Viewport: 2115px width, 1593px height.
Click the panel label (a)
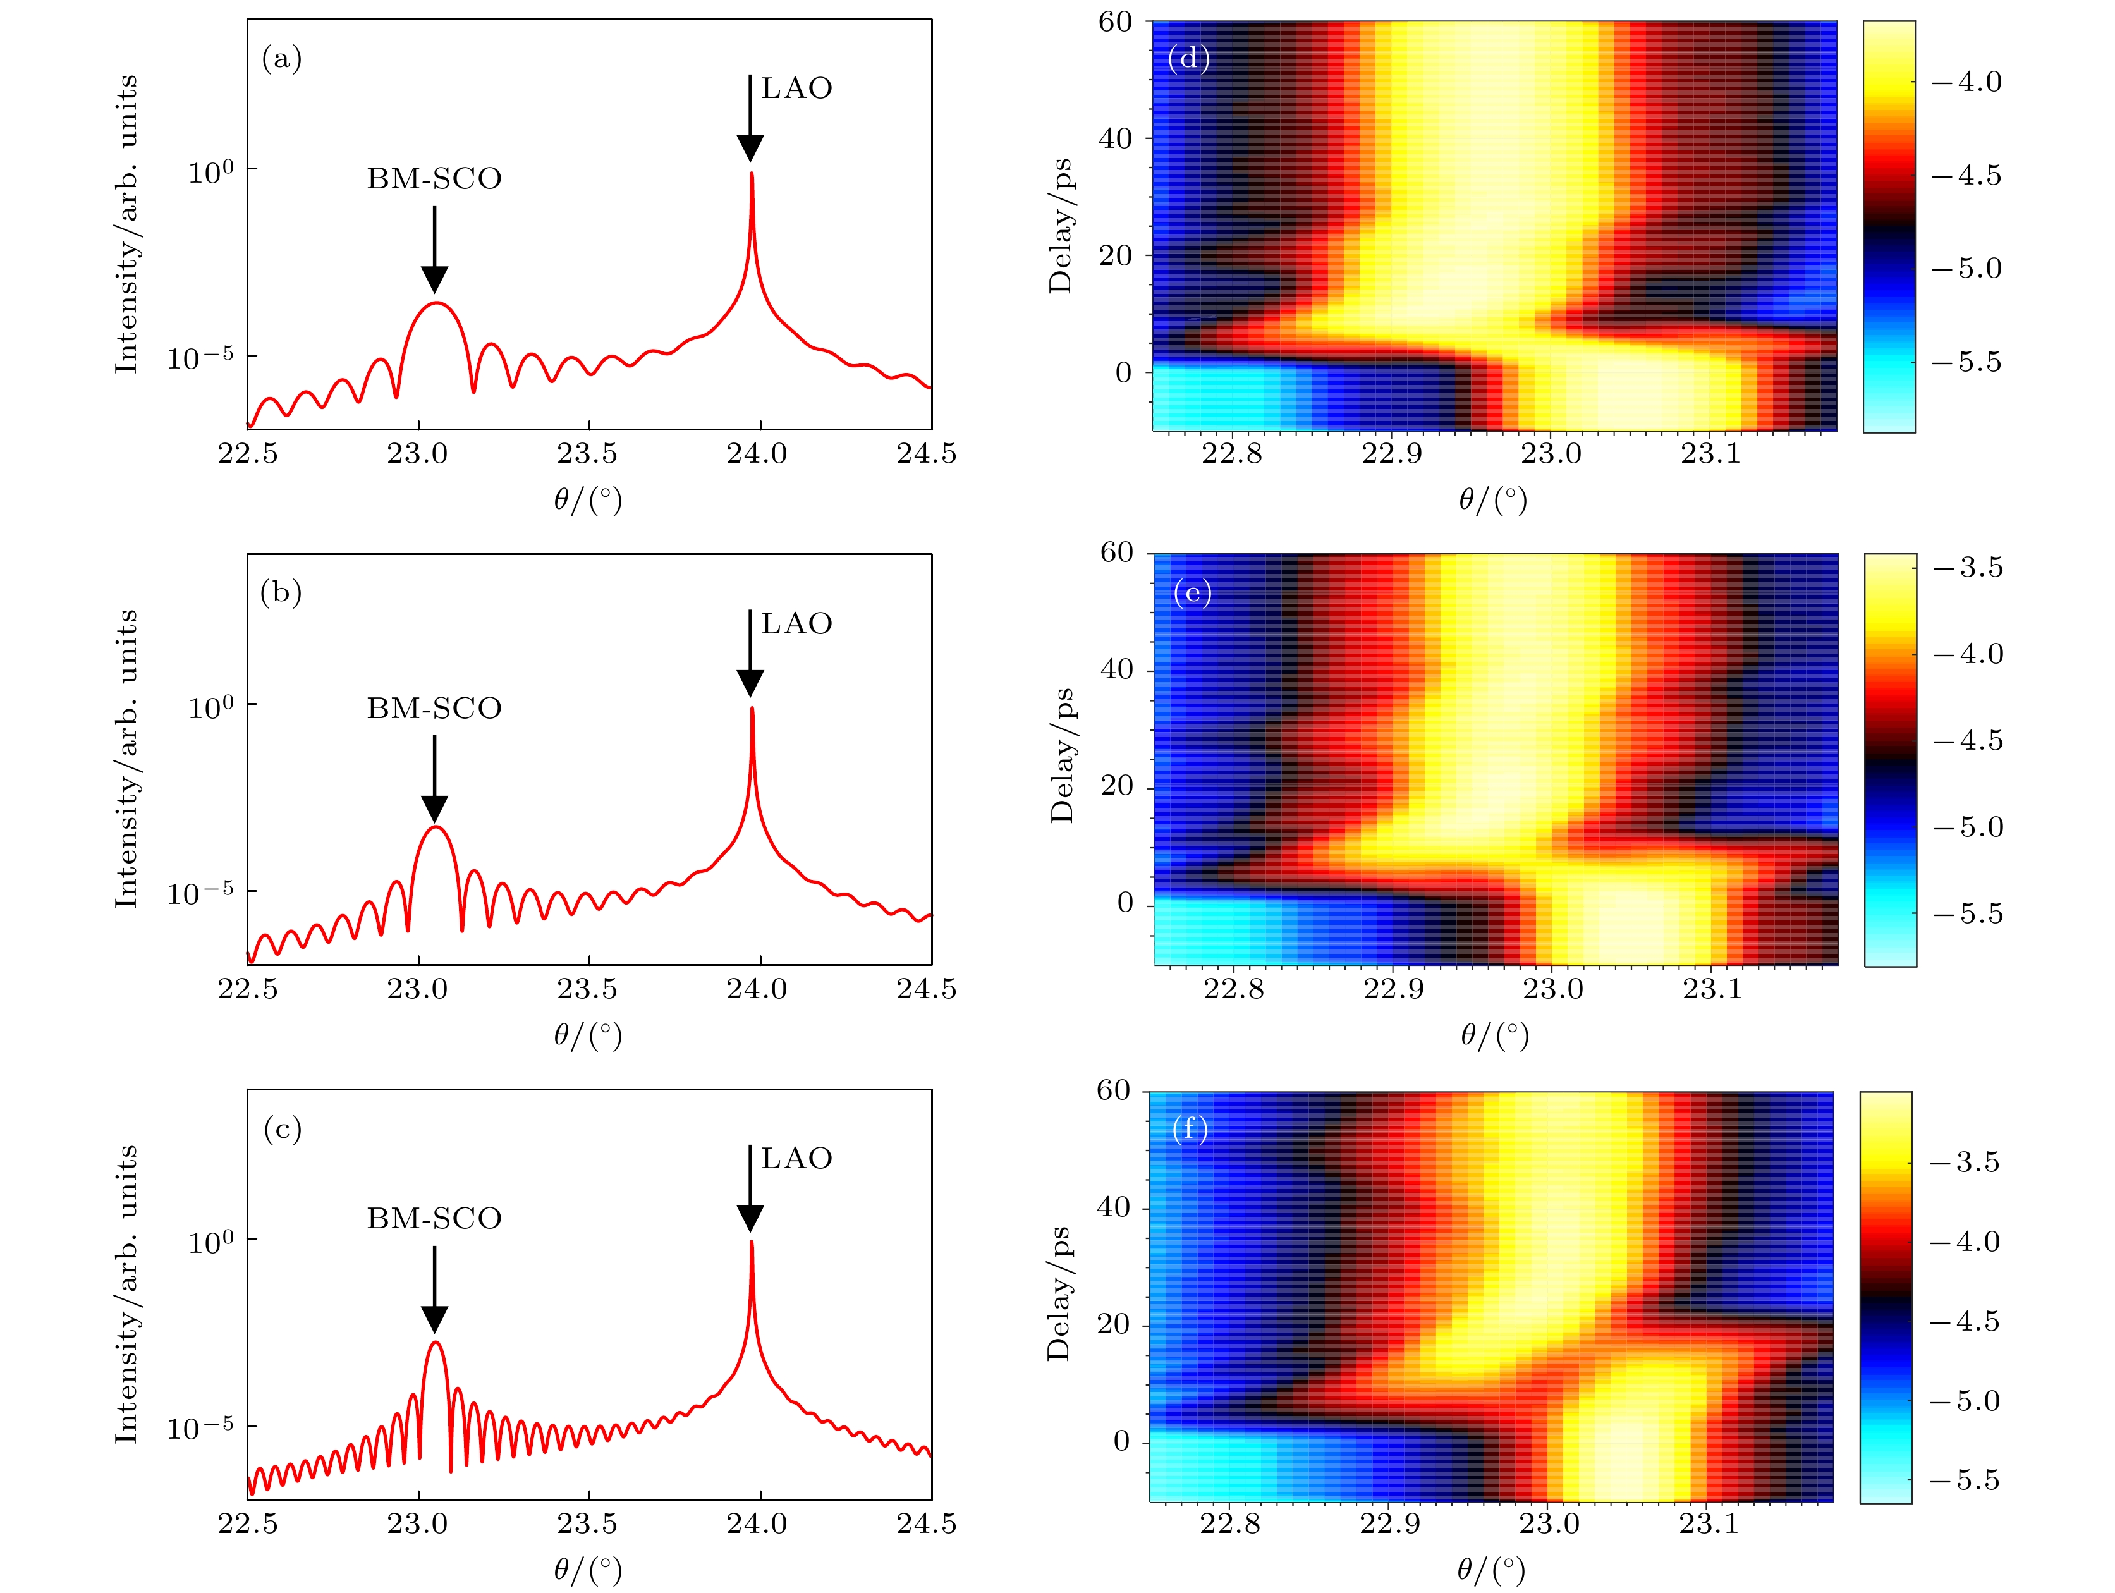pyautogui.click(x=282, y=59)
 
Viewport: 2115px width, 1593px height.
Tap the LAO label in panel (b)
pyautogui.click(x=796, y=623)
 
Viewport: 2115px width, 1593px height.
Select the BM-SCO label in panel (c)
pyautogui.click(x=434, y=1218)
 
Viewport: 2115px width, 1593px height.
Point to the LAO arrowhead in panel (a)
pyautogui.click(x=750, y=148)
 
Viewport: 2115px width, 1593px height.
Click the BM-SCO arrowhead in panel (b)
pyautogui.click(x=434, y=809)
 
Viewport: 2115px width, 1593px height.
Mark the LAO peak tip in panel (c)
pyautogui.click(x=752, y=1242)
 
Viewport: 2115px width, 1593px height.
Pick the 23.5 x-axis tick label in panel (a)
pyautogui.click(x=587, y=453)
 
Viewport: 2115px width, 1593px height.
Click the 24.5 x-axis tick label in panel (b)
pyautogui.click(x=925, y=989)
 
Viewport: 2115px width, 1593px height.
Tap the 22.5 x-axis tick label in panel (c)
pyautogui.click(x=248, y=1523)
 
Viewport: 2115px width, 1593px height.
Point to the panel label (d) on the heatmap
pyautogui.click(x=1188, y=59)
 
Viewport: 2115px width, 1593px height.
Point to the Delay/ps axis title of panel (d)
pyautogui.click(x=1061, y=226)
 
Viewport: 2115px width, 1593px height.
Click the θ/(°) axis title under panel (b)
pyautogui.click(x=587, y=1035)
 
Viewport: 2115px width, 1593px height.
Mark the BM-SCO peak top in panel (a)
pyautogui.click(x=436, y=302)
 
